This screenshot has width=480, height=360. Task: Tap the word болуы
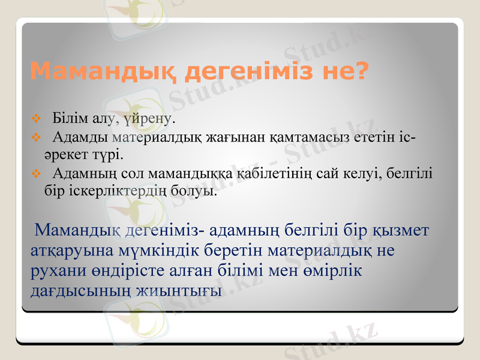[x=193, y=192]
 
